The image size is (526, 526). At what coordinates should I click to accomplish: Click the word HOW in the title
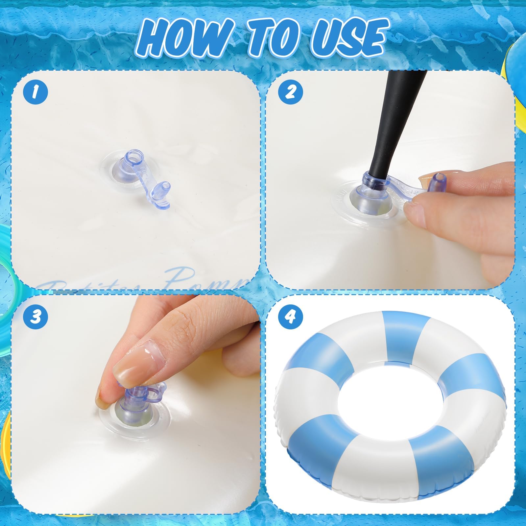tap(179, 37)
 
